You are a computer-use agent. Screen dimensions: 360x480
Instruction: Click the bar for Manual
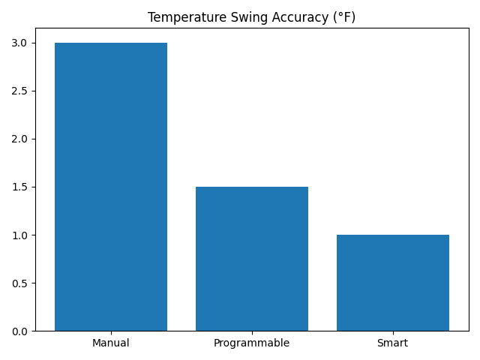click(x=111, y=187)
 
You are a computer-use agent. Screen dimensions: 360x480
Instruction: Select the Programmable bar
click(x=252, y=259)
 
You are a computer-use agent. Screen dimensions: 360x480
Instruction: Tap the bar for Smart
click(x=393, y=283)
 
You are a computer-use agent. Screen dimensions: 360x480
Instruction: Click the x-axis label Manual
click(x=111, y=343)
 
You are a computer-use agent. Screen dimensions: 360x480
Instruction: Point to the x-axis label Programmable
click(x=252, y=343)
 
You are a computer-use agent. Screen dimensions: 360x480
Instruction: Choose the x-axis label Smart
click(x=393, y=343)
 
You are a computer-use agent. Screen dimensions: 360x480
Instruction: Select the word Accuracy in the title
click(x=279, y=17)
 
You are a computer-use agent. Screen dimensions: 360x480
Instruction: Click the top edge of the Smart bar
click(x=393, y=235)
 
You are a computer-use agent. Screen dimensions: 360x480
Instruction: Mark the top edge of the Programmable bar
click(x=252, y=187)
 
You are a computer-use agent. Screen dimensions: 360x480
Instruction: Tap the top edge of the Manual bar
click(x=111, y=43)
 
